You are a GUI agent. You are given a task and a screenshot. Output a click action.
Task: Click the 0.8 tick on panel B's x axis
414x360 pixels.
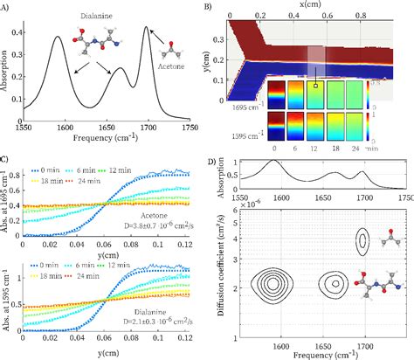[376, 15]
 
